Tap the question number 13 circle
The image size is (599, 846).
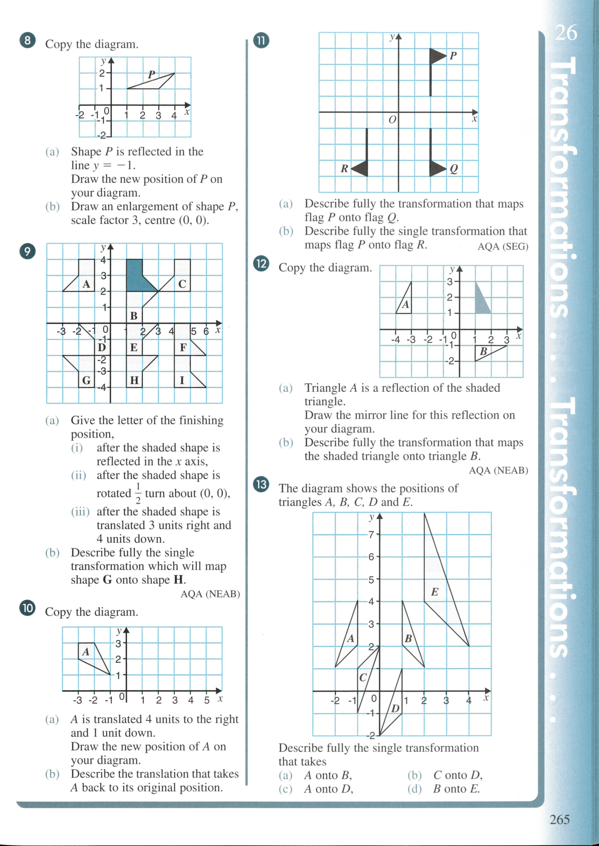click(261, 484)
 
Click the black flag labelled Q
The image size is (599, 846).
click(437, 168)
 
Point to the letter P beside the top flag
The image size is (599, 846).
click(453, 56)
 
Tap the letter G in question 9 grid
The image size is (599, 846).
click(87, 380)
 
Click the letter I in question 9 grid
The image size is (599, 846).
click(182, 380)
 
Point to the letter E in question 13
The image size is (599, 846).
click(435, 592)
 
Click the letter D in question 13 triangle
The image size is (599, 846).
click(395, 709)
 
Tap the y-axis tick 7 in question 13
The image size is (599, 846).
click(371, 535)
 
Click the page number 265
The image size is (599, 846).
click(559, 819)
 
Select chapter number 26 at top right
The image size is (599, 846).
click(566, 33)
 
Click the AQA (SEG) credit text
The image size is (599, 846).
click(503, 247)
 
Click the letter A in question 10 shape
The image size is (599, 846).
click(86, 652)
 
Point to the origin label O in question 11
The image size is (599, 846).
click(392, 120)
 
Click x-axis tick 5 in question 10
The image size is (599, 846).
click(207, 700)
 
